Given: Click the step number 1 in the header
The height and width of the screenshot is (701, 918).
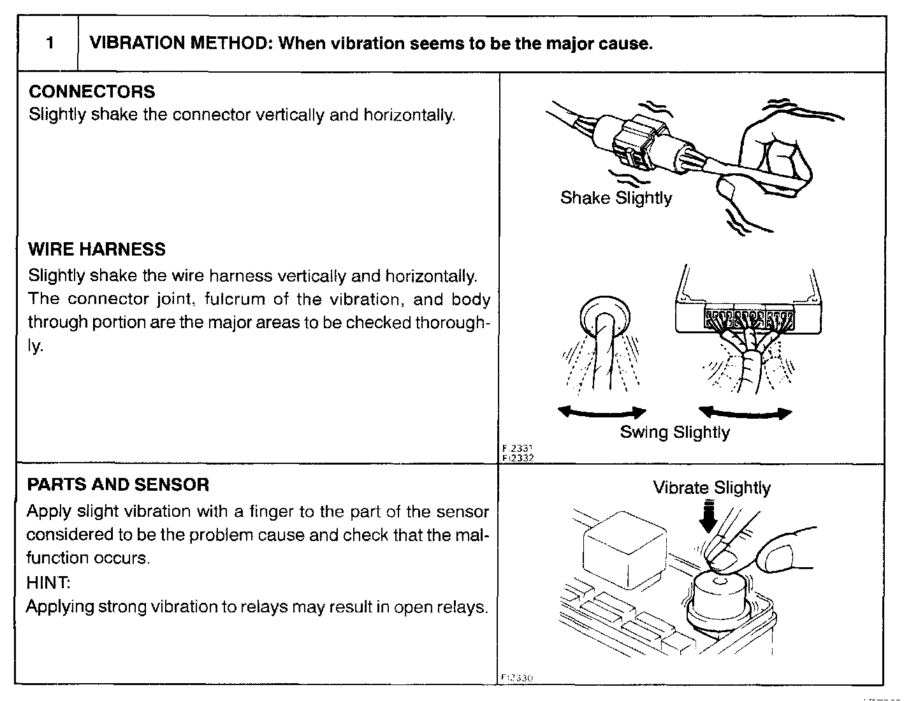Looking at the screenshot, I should coord(49,44).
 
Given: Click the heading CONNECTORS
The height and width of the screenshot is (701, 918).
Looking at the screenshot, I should coord(92,92).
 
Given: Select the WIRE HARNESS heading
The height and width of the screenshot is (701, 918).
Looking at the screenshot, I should coord(97,249).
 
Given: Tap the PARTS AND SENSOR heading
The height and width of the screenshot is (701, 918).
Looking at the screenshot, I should coord(118,485).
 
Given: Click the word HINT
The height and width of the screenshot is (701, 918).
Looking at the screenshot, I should coord(48,582).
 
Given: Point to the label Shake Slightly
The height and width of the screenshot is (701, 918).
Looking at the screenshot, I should coord(616,198).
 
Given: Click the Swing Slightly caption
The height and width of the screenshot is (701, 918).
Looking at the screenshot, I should coord(674,433).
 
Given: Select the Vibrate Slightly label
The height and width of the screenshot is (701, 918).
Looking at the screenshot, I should coord(711,488).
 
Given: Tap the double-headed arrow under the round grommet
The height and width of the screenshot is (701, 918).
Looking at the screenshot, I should coord(602,413).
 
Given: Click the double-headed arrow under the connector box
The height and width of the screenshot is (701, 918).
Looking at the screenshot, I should coord(745,413).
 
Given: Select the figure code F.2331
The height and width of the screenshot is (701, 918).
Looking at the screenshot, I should coord(518,449).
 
